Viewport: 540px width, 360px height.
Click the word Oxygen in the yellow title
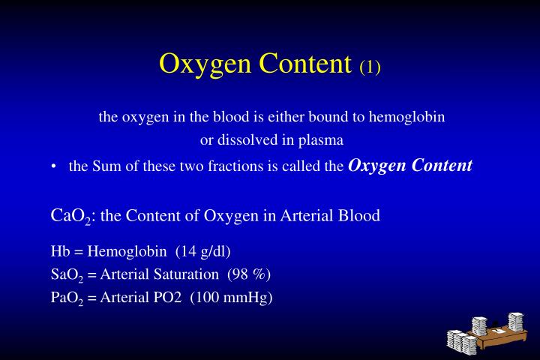point(205,64)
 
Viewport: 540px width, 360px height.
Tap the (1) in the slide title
point(370,67)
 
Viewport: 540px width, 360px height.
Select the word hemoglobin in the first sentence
point(407,117)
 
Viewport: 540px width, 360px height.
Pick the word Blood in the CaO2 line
point(360,216)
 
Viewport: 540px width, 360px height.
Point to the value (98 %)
point(248,274)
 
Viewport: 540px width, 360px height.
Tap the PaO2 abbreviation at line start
point(68,297)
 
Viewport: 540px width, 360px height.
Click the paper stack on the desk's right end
point(514,322)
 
